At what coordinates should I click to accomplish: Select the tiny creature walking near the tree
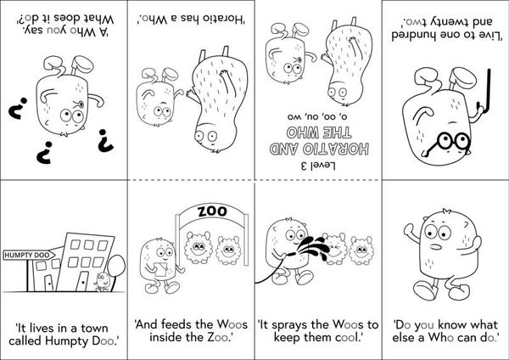pyautogui.click(x=102, y=279)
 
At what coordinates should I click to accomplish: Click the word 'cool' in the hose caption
pyautogui.click(x=343, y=340)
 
